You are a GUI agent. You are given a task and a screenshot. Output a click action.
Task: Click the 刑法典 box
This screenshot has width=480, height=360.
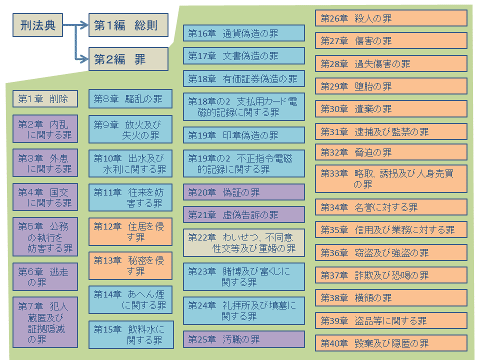click(38, 25)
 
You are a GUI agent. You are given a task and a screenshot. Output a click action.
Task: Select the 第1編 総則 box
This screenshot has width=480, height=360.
click(128, 25)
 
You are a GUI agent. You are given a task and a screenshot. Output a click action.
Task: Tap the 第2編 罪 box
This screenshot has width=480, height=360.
click(128, 59)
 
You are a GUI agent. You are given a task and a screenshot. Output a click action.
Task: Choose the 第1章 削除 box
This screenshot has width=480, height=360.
click(45, 98)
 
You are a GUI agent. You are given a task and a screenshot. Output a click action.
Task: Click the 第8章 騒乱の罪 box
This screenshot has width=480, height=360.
click(130, 98)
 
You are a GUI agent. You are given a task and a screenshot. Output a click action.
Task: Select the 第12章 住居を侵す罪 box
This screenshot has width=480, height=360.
click(130, 231)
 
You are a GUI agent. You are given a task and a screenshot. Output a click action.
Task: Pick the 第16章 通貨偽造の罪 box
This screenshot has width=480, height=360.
click(243, 33)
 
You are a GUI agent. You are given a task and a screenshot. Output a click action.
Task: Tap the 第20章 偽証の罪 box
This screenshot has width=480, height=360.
click(243, 192)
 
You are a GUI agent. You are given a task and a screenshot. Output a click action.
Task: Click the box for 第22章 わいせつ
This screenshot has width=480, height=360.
click(243, 242)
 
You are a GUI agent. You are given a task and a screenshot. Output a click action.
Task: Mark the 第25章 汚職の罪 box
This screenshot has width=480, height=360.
click(243, 339)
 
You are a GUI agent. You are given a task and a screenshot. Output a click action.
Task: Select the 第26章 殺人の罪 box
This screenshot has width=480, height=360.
click(391, 18)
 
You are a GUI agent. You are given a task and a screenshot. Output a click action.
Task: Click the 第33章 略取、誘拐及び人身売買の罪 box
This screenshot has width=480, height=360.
click(391, 178)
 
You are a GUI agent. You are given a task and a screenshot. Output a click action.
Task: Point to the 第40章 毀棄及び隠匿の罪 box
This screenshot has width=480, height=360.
click(391, 343)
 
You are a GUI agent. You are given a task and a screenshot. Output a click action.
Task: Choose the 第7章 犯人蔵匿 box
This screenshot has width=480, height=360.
click(45, 322)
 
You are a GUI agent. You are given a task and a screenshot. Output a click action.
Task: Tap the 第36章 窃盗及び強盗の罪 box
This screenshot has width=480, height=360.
click(391, 252)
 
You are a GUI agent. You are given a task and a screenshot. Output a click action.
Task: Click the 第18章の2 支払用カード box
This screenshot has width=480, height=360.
click(243, 106)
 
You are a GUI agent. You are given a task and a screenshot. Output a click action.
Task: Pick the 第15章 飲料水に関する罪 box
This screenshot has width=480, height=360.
click(130, 334)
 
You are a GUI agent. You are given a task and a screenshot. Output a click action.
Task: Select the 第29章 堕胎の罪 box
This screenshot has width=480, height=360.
click(391, 86)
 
